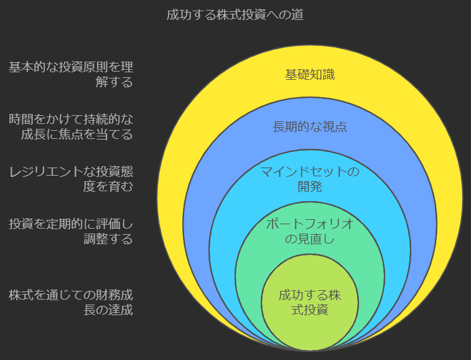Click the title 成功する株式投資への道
tap(235, 15)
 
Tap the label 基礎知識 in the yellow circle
tap(310, 75)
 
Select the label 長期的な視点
tap(310, 127)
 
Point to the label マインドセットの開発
tap(310, 178)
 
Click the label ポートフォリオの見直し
tap(310, 230)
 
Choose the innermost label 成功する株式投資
tap(310, 301)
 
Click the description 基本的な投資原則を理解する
tap(71, 74)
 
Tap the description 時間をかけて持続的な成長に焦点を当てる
tap(71, 126)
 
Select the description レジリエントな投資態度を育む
tap(71, 178)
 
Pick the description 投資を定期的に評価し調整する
tap(71, 230)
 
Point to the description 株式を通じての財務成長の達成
tap(71, 302)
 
